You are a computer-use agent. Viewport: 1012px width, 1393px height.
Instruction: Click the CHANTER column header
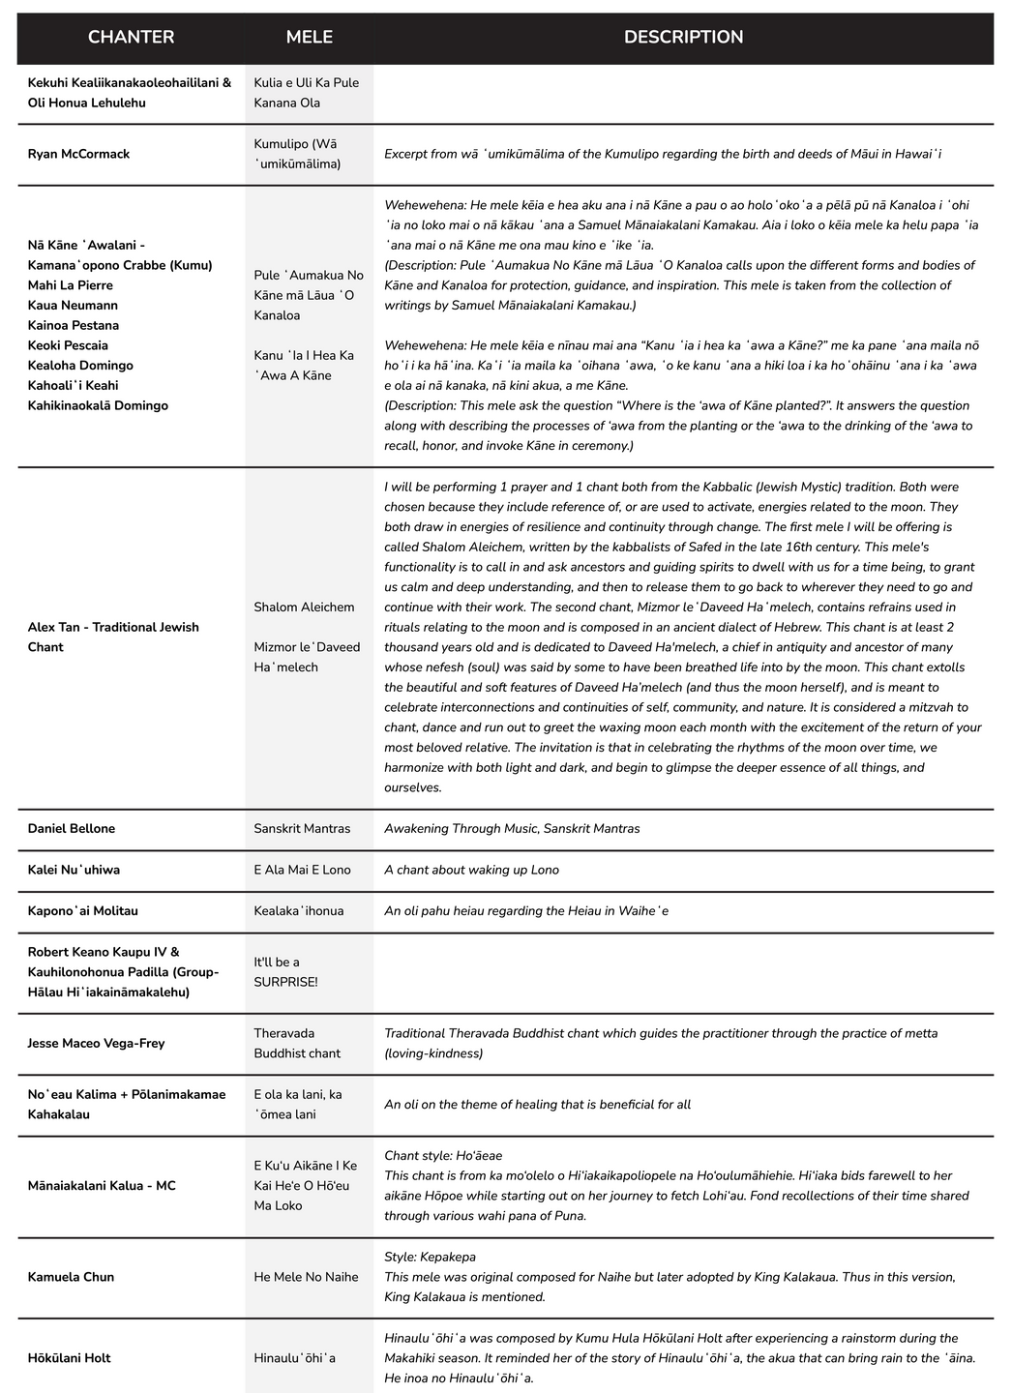coord(131,37)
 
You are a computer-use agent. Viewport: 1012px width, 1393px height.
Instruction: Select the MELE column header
coord(309,37)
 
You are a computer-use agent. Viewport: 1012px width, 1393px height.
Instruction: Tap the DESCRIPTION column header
coord(683,37)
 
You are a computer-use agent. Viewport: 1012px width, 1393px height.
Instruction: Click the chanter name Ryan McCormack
coord(78,154)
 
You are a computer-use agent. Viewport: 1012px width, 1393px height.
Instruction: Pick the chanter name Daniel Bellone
coord(72,829)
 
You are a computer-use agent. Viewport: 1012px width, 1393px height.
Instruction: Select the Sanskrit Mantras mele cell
coord(302,829)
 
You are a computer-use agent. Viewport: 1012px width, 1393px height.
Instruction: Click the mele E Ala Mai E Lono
coord(302,870)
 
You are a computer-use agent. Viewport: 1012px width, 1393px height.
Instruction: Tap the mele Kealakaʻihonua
coord(299,911)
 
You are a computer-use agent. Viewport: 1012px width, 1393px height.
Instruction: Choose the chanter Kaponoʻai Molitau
coord(83,911)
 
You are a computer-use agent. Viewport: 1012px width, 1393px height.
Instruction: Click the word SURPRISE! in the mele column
coord(285,983)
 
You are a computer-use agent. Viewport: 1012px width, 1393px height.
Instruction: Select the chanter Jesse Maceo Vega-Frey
coord(97,1044)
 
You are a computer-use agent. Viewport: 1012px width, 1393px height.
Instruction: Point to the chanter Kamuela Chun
coord(71,1277)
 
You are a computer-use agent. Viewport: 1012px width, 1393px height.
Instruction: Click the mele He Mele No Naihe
coord(306,1277)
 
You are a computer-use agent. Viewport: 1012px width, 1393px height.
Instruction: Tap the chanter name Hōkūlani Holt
coord(69,1358)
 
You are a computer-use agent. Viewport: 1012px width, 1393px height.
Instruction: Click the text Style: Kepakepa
coord(430,1257)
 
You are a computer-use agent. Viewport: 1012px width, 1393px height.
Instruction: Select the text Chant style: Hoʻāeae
coord(443,1156)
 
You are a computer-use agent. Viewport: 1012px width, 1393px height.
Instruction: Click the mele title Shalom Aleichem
coord(304,608)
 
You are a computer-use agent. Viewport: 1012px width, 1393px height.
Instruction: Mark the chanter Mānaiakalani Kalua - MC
coord(102,1186)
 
